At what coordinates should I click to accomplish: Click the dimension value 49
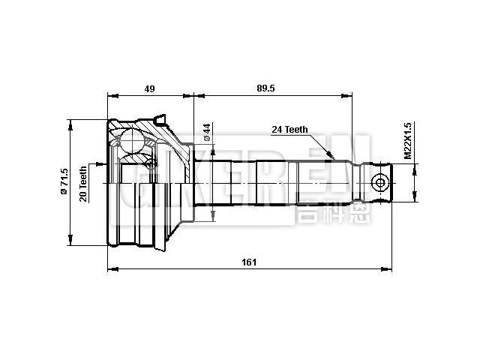[x=149, y=88]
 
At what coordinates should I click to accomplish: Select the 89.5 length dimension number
[x=265, y=88]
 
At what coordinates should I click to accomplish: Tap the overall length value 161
[x=250, y=262]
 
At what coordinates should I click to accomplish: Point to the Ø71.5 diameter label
[x=64, y=182]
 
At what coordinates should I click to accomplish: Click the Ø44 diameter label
[x=207, y=133]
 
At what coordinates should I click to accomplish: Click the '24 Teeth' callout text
[x=289, y=130]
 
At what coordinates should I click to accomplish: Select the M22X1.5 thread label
[x=408, y=141]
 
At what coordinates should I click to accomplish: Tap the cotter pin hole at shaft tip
[x=380, y=184]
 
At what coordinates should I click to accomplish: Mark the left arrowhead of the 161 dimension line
[x=111, y=268]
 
